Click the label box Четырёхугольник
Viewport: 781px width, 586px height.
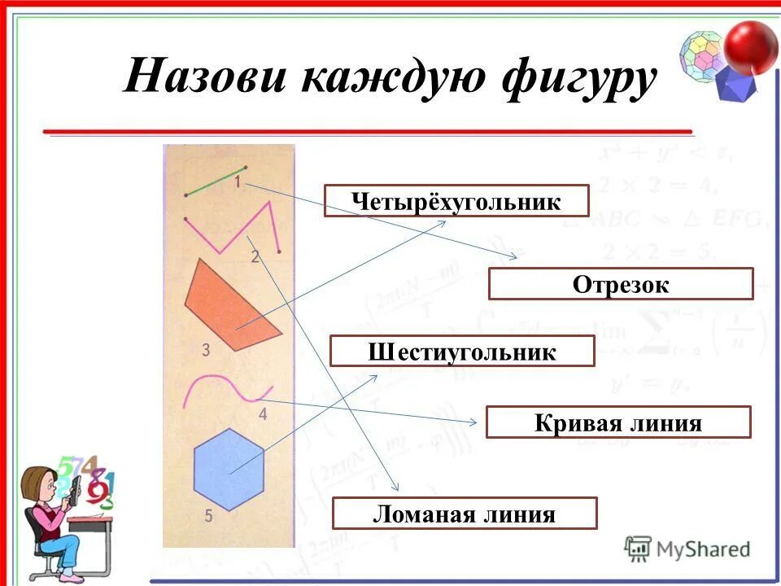[x=456, y=201]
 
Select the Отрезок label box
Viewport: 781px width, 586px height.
[x=621, y=284]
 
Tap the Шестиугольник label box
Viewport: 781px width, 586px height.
[x=462, y=352]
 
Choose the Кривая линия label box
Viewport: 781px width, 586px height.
[x=618, y=423]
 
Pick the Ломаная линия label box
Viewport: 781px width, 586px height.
[x=465, y=514]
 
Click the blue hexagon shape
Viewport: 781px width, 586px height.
[x=229, y=470]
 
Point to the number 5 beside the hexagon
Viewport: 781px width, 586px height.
[x=208, y=515]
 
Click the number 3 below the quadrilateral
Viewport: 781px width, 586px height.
[x=206, y=351]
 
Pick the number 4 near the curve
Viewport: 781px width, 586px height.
[x=262, y=414]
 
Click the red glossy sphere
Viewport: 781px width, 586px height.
[x=752, y=46]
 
